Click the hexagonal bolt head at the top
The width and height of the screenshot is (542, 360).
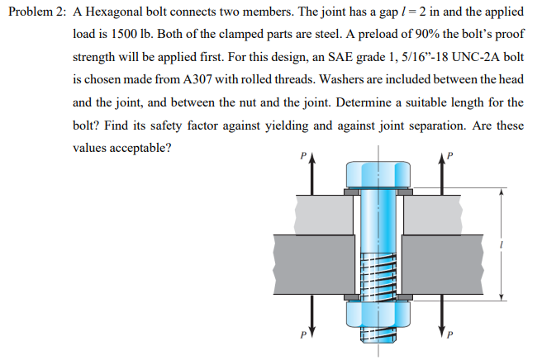pos(379,174)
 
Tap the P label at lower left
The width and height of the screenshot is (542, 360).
pos(302,337)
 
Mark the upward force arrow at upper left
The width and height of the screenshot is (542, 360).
pos(313,178)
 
